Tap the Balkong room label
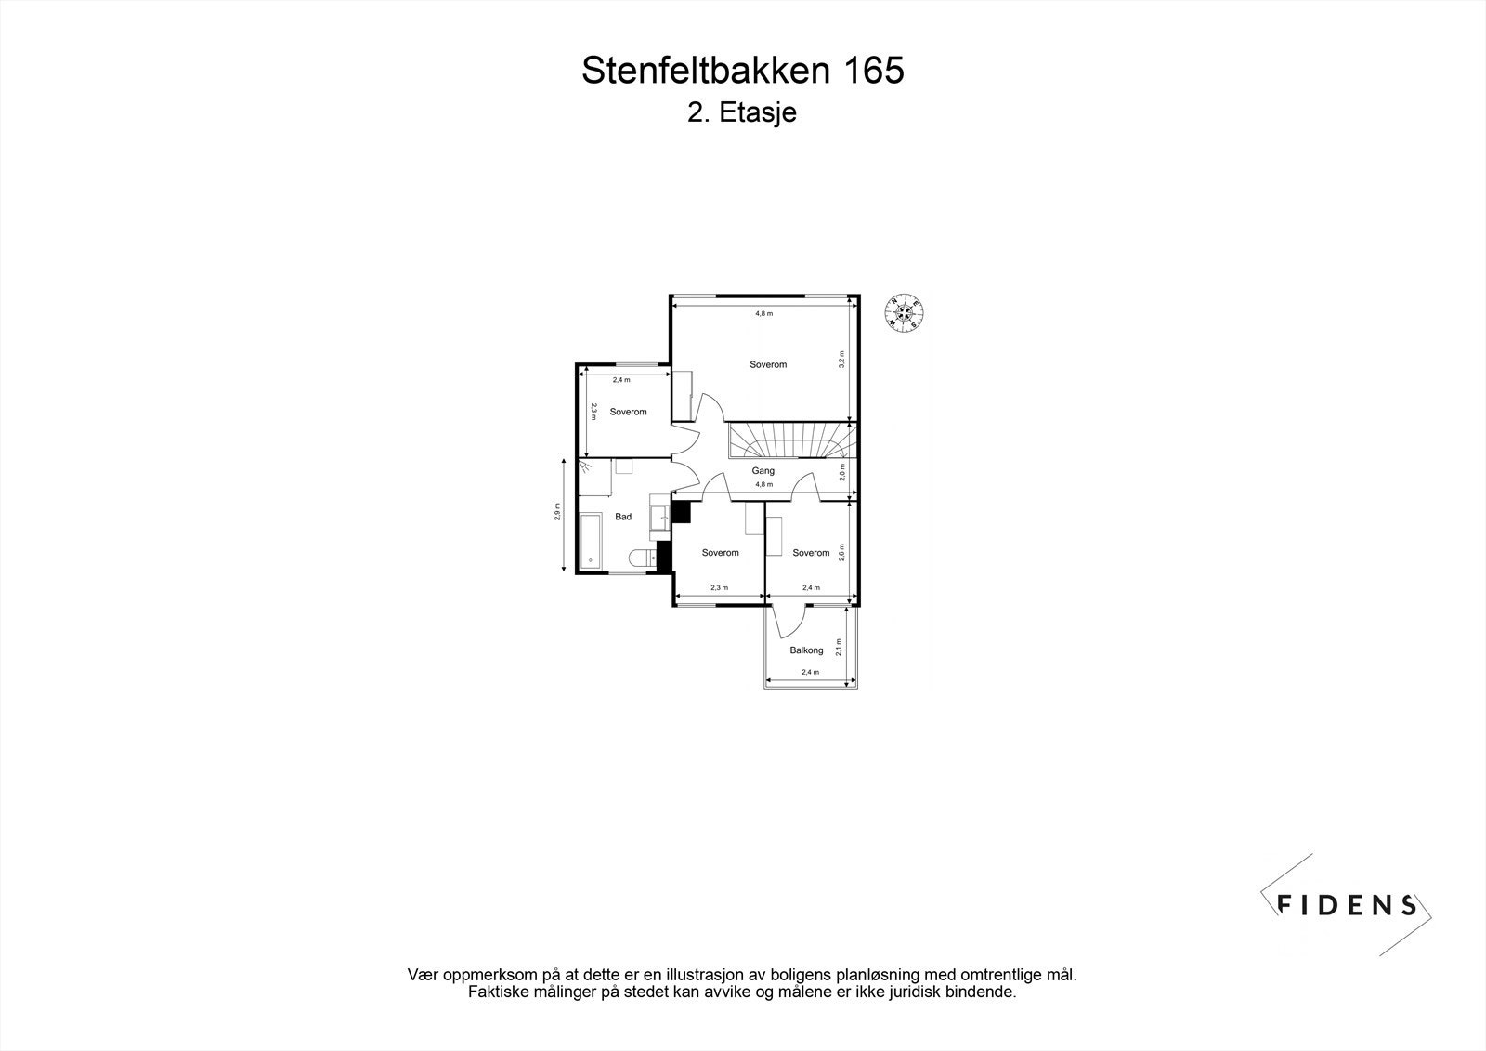[x=806, y=650]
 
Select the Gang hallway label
[x=763, y=471]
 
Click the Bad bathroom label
[x=623, y=517]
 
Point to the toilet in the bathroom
[x=641, y=558]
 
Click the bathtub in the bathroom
[x=590, y=545]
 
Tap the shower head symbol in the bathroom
[x=584, y=466]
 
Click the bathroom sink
[x=660, y=515]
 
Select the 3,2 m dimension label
[x=841, y=360]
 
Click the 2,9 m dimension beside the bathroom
[x=557, y=512]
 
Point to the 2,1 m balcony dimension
[x=838, y=647]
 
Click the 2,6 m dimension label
[x=841, y=552]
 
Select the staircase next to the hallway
[x=789, y=441]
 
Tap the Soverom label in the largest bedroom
[x=768, y=364]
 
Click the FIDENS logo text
[x=1347, y=904]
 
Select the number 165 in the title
[x=873, y=71]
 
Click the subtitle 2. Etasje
[x=742, y=113]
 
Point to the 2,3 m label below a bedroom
[x=719, y=587]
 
